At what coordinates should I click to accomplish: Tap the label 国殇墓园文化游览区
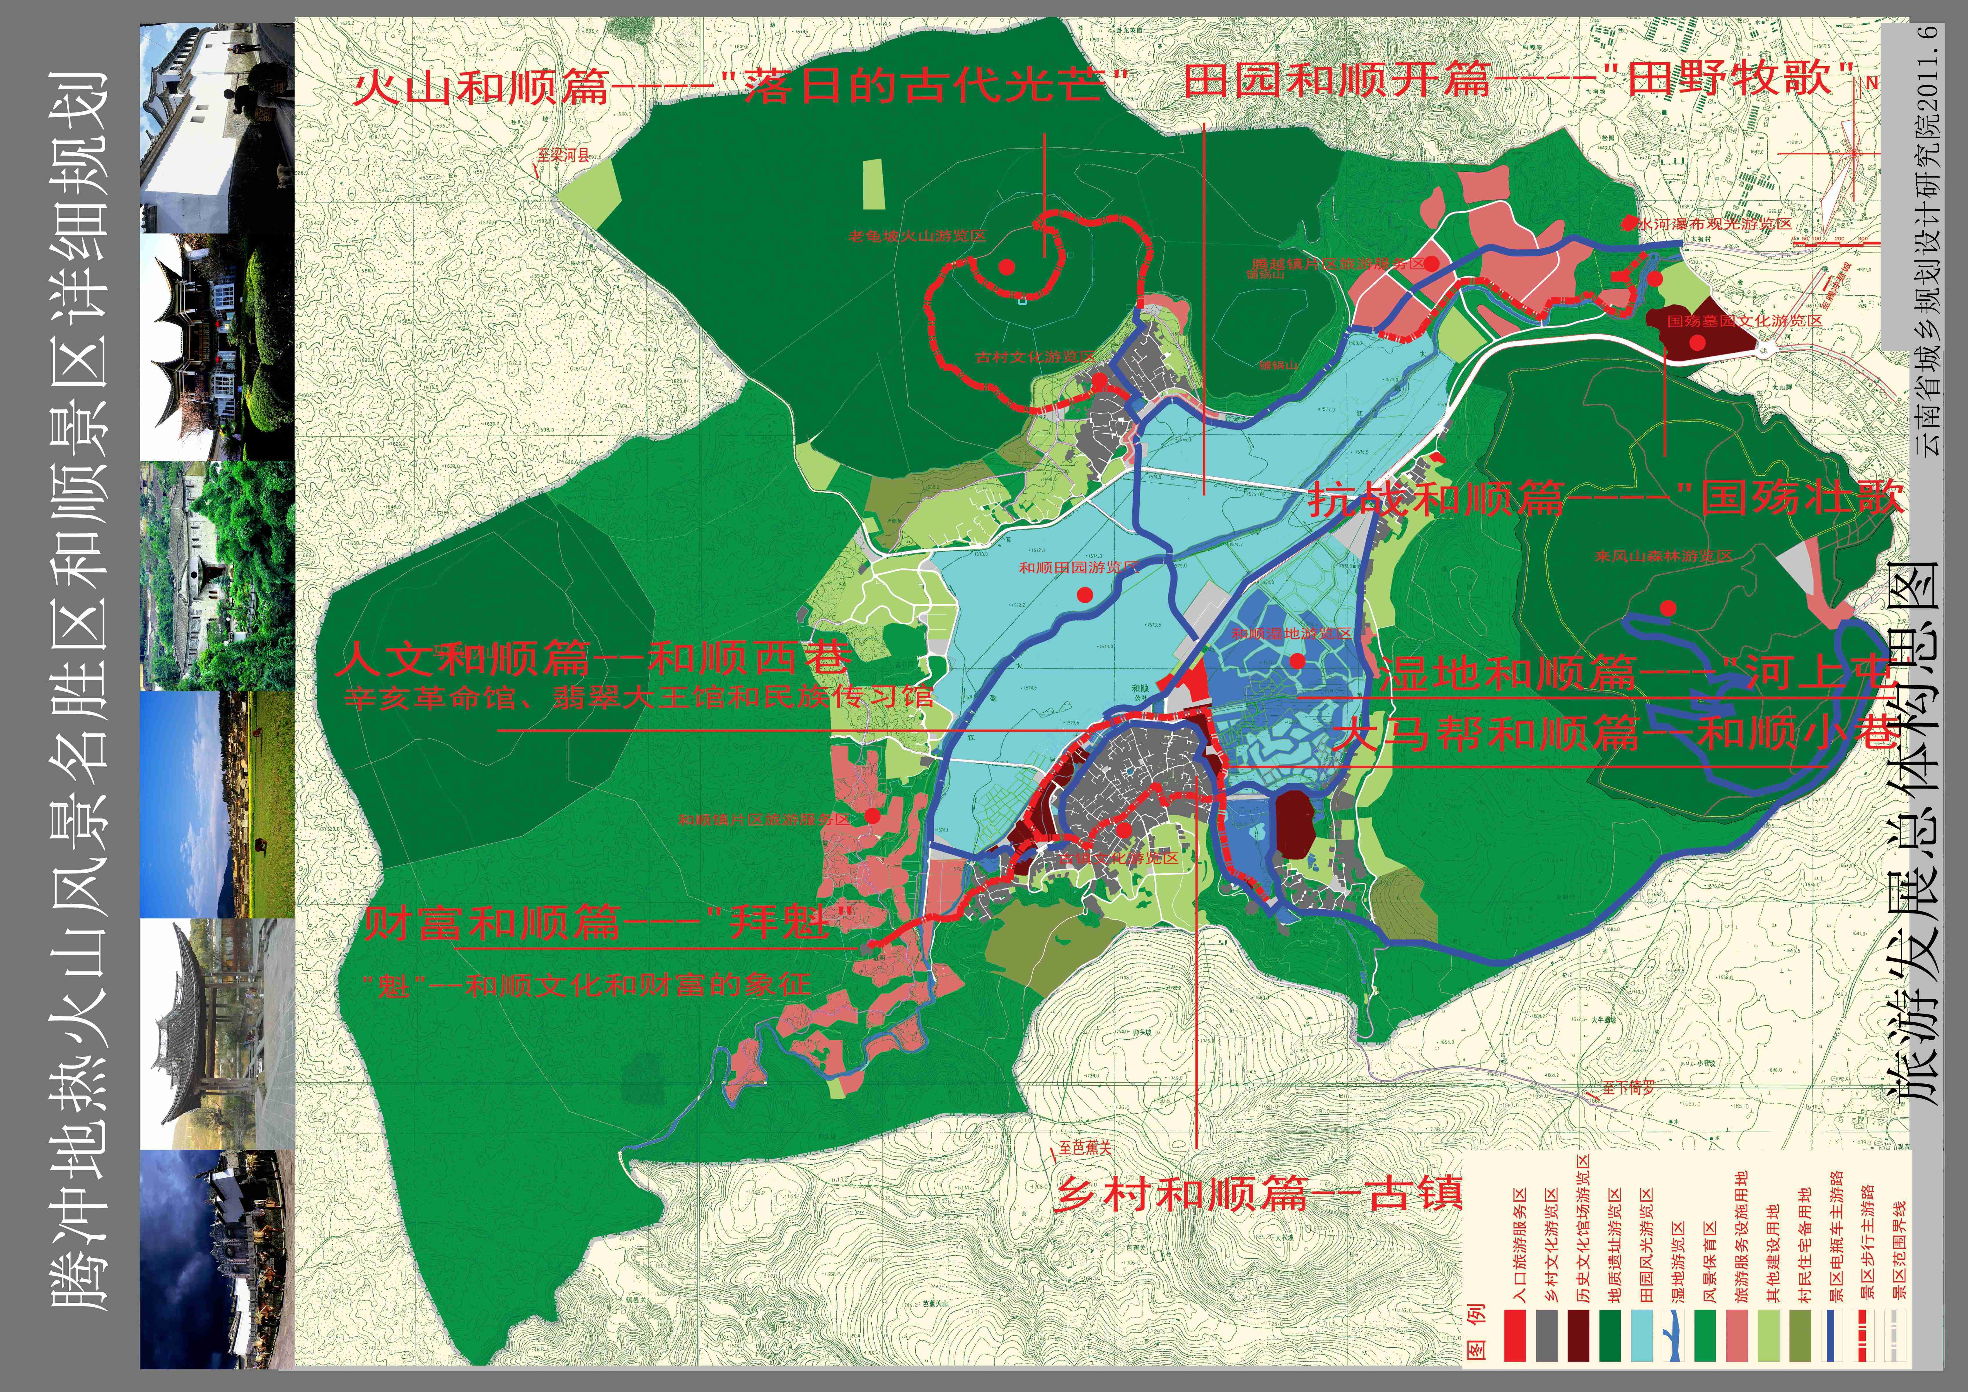1744,320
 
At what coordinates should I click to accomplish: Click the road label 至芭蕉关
1084,1147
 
